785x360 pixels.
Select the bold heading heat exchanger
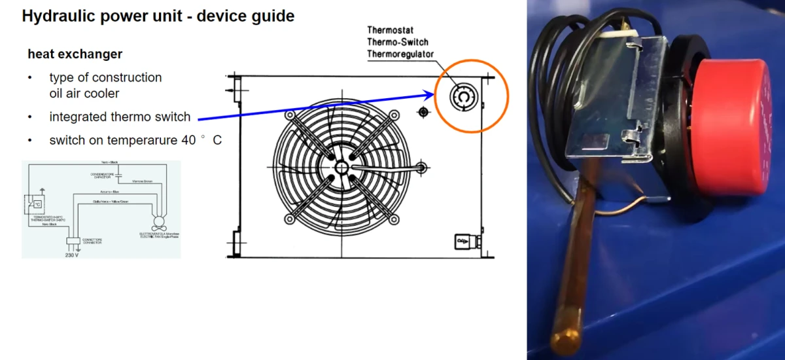coord(75,54)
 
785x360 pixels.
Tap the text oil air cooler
coord(84,94)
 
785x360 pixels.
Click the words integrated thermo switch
coord(120,117)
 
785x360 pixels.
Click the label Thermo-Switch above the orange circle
coord(398,42)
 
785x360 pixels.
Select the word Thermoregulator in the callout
coord(400,54)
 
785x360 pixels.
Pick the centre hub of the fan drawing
coord(341,167)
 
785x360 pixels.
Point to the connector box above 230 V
coord(72,240)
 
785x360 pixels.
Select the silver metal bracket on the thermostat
coord(612,131)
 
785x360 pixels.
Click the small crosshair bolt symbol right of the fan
coord(423,112)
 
